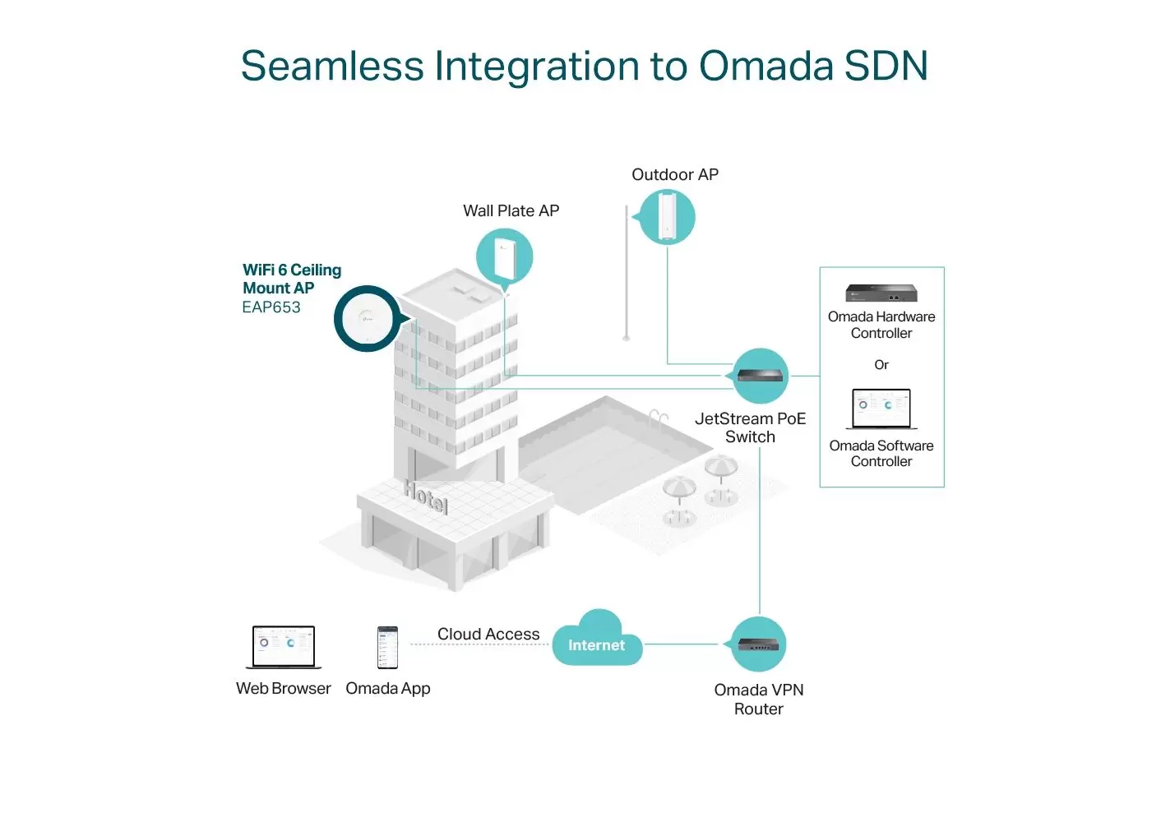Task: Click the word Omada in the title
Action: pos(766,66)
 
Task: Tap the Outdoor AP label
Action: pos(674,174)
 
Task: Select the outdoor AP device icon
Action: pos(667,217)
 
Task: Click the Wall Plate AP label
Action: pos(511,210)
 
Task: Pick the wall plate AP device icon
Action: pos(505,257)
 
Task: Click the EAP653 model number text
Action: pos(271,307)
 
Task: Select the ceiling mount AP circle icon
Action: pos(368,318)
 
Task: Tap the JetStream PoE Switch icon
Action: pos(760,376)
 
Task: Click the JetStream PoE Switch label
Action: pos(750,427)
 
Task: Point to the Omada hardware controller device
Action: pos(881,293)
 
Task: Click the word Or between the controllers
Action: pos(881,365)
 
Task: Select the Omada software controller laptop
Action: pos(881,409)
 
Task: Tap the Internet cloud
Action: pos(597,639)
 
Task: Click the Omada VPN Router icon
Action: pos(757,644)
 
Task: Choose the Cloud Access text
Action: pos(488,634)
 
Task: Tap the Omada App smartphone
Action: pos(387,648)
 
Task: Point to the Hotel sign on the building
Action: pos(426,497)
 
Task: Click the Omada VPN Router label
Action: pos(758,700)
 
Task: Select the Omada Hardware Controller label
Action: pos(881,325)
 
